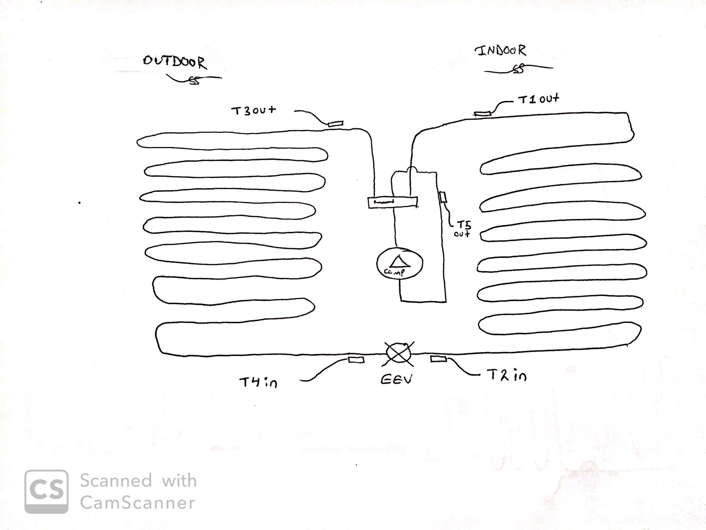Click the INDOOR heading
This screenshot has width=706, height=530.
point(500,51)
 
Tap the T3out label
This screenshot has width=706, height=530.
point(253,110)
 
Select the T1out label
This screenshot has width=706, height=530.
point(538,99)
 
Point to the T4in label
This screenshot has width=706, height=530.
point(258,382)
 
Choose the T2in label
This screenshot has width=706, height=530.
point(507,375)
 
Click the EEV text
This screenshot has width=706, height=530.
point(396,379)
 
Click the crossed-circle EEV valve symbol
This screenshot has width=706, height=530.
point(398,353)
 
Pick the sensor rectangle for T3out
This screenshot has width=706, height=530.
point(336,124)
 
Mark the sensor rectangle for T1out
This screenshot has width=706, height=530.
point(482,113)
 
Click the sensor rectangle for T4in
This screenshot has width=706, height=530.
point(356,360)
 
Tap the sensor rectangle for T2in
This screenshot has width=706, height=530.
point(439,359)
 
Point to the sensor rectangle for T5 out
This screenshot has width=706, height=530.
point(443,197)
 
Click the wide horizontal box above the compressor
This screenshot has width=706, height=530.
point(392,203)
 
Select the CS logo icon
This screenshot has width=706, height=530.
point(47,492)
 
